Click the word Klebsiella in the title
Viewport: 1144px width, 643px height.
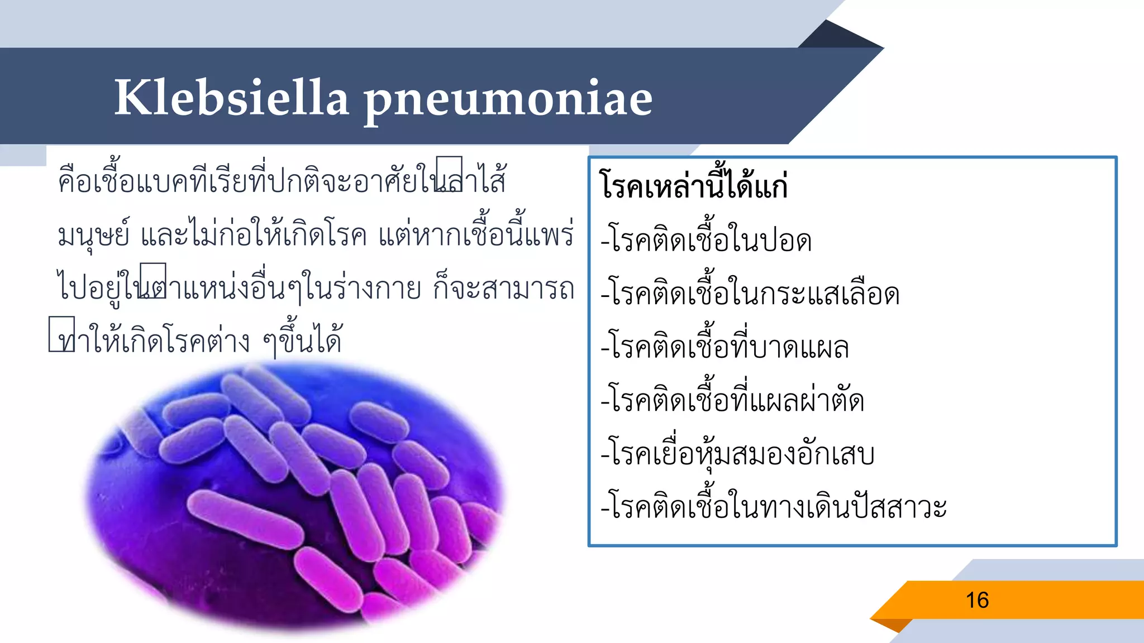tap(231, 98)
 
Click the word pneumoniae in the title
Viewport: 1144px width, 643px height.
tap(508, 100)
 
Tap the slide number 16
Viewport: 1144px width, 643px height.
tap(977, 601)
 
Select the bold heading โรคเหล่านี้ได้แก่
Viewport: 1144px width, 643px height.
tap(693, 185)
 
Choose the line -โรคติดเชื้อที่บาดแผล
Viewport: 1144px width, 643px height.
tap(724, 347)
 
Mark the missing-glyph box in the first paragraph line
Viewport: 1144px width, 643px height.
tap(449, 174)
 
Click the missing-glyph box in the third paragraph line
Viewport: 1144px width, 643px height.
tap(153, 281)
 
